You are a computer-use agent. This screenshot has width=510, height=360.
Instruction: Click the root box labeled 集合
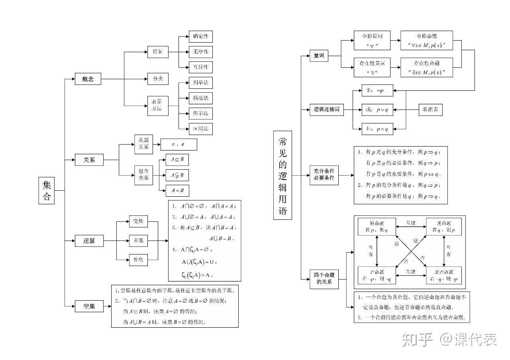click(47, 190)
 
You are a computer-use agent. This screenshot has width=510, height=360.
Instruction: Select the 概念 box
click(88, 79)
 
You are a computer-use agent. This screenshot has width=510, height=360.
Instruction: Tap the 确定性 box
click(200, 37)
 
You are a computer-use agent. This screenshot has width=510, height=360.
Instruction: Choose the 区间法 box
click(200, 129)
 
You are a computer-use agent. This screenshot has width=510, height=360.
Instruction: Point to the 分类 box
click(158, 79)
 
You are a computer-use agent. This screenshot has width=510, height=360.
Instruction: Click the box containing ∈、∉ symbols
click(178, 144)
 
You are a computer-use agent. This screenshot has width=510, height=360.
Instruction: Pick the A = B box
click(177, 190)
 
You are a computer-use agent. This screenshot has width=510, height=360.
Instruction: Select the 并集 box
click(138, 241)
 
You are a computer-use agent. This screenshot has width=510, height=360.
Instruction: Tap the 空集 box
click(89, 306)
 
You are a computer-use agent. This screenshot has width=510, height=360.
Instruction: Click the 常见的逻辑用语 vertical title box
click(282, 175)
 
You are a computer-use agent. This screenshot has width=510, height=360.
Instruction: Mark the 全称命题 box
click(427, 41)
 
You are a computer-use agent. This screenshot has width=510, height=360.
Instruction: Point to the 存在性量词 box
click(372, 67)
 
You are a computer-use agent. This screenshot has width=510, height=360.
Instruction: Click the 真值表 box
click(430, 110)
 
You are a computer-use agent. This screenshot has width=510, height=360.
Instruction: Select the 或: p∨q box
click(377, 110)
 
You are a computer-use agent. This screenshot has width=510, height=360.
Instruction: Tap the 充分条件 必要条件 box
click(324, 174)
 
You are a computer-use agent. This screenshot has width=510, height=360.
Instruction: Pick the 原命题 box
click(377, 227)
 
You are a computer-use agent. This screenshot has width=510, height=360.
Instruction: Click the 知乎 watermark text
click(417, 339)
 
